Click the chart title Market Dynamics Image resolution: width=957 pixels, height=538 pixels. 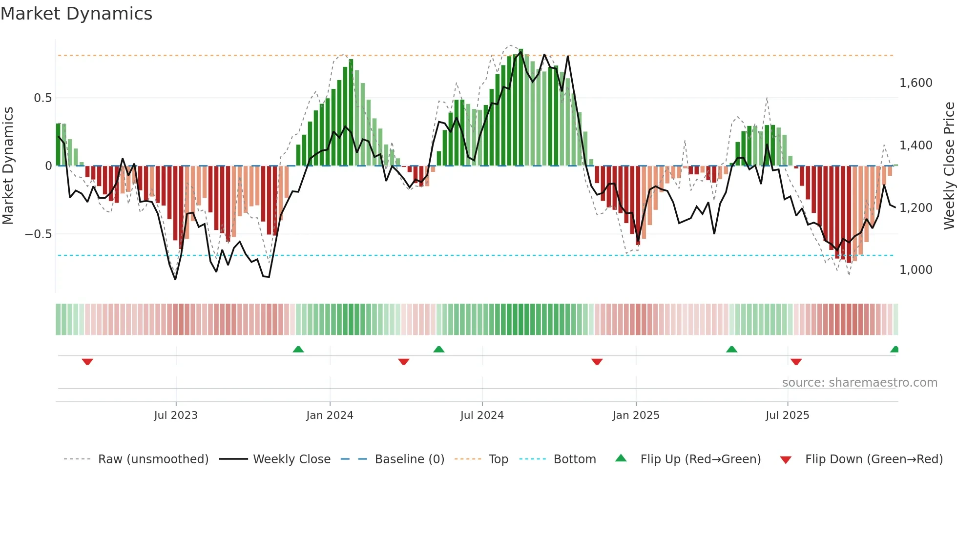pyautogui.click(x=76, y=14)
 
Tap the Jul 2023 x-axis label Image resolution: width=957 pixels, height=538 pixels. pyautogui.click(x=176, y=415)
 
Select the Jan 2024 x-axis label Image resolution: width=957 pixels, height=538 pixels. pyautogui.click(x=330, y=415)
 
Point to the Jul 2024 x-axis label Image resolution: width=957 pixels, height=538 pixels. pyautogui.click(x=482, y=415)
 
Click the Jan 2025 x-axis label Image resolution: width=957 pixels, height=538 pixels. pyautogui.click(x=636, y=415)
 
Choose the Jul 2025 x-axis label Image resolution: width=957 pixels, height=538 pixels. pyautogui.click(x=787, y=415)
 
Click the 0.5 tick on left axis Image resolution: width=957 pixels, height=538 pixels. pyautogui.click(x=42, y=98)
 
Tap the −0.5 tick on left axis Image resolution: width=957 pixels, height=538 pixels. pyautogui.click(x=39, y=234)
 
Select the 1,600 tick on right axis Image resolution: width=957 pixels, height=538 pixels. pyautogui.click(x=916, y=83)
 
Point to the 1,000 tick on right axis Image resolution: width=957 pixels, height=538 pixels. pyautogui.click(x=916, y=270)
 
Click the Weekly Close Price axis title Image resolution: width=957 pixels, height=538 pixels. pyautogui.click(x=949, y=166)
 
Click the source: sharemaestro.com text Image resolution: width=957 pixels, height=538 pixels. pyautogui.click(x=859, y=383)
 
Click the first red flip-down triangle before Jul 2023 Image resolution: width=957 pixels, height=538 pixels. pyautogui.click(x=87, y=362)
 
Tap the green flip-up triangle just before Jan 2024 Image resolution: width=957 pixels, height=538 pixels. pyautogui.click(x=298, y=349)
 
